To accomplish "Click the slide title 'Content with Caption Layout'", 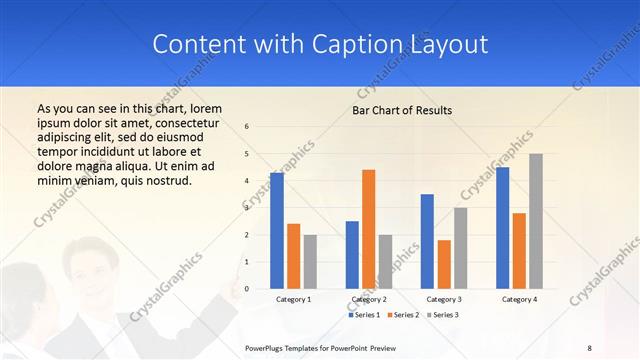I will point(320,45).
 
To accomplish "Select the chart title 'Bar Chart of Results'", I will point(402,110).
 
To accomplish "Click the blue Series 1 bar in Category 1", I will point(277,231).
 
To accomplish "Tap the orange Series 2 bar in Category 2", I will point(368,229).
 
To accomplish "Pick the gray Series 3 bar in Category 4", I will point(536,221).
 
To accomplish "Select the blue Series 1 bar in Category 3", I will point(427,241).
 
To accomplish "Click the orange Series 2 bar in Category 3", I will point(444,264).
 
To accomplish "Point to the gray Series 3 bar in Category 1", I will point(310,262).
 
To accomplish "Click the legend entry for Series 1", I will point(364,315).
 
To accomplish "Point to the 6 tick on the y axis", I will point(247,127).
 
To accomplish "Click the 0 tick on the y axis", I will point(247,289).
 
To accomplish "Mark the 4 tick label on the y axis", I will point(247,181).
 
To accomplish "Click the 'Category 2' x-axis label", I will point(368,299).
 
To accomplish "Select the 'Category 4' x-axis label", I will point(519,299).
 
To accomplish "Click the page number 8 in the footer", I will point(589,347).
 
